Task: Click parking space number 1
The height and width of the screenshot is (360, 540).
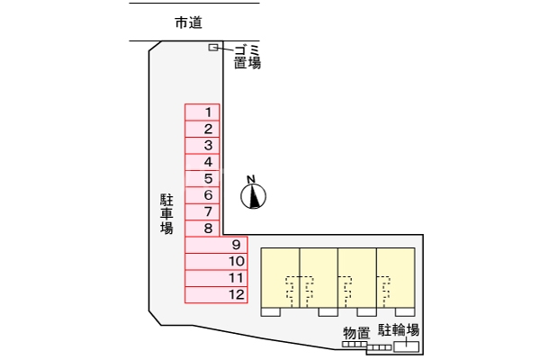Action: [x=202, y=112]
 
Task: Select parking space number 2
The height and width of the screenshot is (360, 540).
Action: [x=202, y=129]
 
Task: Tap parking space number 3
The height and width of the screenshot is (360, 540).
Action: [x=202, y=145]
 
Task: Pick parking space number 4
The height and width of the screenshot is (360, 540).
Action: [x=202, y=162]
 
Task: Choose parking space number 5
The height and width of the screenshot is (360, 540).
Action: [x=202, y=178]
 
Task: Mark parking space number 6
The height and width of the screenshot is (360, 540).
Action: [x=202, y=194]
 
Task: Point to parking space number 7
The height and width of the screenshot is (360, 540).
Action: [x=202, y=211]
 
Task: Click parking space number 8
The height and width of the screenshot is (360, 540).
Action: [x=202, y=228]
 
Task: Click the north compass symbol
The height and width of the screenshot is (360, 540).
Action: [x=255, y=194]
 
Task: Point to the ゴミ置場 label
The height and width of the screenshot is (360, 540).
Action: [x=247, y=56]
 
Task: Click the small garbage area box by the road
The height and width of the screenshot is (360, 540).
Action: [x=213, y=47]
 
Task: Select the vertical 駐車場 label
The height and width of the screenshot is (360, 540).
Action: [x=166, y=213]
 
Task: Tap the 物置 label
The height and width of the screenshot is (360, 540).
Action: [x=356, y=332]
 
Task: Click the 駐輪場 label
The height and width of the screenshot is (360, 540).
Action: [x=398, y=330]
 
